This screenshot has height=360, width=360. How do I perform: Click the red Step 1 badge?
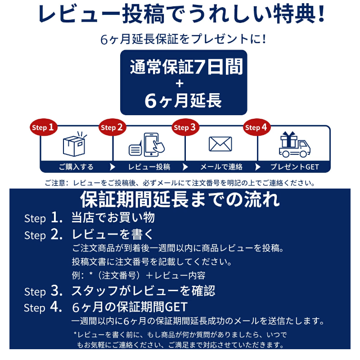pyautogui.click(x=44, y=127)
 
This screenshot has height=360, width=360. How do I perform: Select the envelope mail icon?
pyautogui.click(x=220, y=144)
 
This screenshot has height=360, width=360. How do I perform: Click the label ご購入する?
pyautogui.click(x=76, y=167)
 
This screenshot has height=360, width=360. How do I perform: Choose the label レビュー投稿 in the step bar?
pyautogui.click(x=149, y=167)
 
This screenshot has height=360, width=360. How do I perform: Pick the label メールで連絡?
pyautogui.click(x=221, y=167)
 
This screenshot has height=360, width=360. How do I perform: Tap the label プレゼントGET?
pyautogui.click(x=294, y=167)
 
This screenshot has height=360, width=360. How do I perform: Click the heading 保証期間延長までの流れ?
pyautogui.click(x=180, y=198)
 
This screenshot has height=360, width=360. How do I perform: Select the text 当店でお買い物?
pyautogui.click(x=113, y=218)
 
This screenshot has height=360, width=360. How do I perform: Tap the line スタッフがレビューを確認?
pyautogui.click(x=143, y=290)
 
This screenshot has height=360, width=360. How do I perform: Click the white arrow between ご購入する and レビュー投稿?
pyautogui.click(x=112, y=167)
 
